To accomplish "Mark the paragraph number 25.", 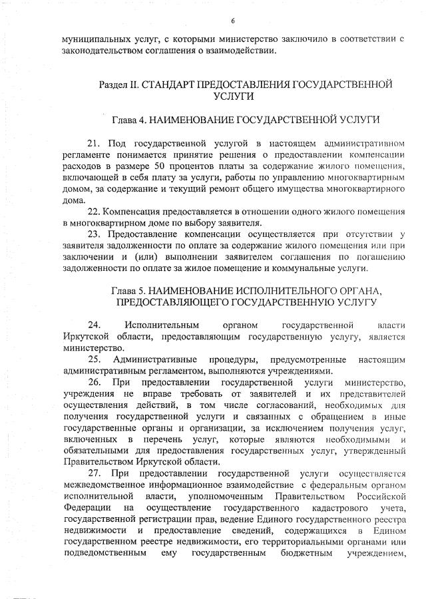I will [x=93, y=360].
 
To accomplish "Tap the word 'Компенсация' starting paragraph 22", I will [x=132, y=210].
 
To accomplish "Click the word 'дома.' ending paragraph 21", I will [x=73, y=199].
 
